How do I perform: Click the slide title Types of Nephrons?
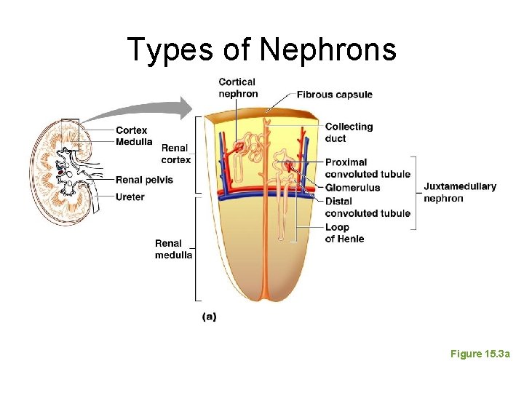(x=262, y=49)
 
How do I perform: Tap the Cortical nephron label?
(x=238, y=87)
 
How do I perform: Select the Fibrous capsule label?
(x=334, y=95)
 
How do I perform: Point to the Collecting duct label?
(x=349, y=132)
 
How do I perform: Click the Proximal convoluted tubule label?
(x=368, y=168)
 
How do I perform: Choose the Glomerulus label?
(x=352, y=188)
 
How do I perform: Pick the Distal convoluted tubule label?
(x=368, y=207)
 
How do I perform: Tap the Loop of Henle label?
(x=344, y=233)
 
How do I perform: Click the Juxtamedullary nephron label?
(x=459, y=192)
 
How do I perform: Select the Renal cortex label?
(x=175, y=154)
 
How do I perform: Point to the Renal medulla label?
(x=173, y=249)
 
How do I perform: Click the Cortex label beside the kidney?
(x=131, y=131)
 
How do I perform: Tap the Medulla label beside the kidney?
(x=134, y=141)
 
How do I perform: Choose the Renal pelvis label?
(x=144, y=180)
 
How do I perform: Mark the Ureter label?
(x=130, y=196)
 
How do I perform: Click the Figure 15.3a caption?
(x=480, y=354)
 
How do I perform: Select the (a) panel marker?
(x=209, y=317)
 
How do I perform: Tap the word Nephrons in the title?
(x=327, y=49)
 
